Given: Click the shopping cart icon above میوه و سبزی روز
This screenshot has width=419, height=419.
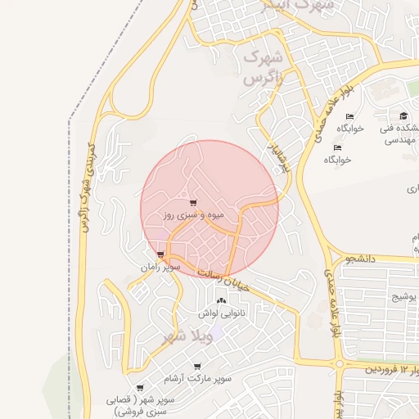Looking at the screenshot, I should click(x=193, y=204).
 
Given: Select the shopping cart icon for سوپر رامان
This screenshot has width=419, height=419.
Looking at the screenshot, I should click(x=160, y=255).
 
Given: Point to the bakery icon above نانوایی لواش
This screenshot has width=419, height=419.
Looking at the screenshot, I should click(x=221, y=300).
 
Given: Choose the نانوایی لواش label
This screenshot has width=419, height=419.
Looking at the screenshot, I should click(x=221, y=313).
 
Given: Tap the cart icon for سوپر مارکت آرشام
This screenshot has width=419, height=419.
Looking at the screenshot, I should click(x=197, y=367).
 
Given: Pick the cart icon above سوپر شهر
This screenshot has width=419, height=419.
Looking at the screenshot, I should click(x=140, y=388).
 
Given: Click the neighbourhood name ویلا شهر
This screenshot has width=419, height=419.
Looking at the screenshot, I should click(x=189, y=336).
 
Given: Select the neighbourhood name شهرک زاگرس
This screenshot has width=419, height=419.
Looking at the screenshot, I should click(x=264, y=69).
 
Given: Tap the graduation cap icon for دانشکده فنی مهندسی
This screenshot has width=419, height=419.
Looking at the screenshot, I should click(x=403, y=115).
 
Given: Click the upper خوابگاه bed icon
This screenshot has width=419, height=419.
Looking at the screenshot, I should click(x=350, y=117).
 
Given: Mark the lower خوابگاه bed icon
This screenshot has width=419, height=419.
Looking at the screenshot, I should click(x=337, y=148).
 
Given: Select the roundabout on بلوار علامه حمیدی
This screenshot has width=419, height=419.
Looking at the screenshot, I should click(x=339, y=363).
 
